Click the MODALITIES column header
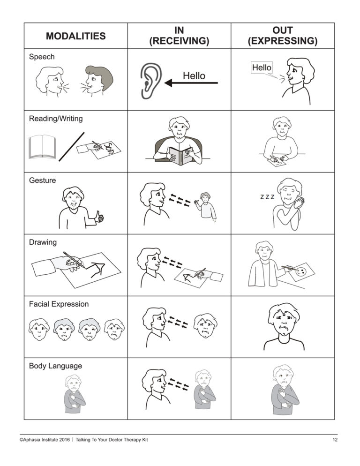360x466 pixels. pos(75,36)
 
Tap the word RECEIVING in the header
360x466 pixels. pos(179,41)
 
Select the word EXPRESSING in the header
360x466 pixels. pos(282,41)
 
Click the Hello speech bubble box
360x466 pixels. pos(262,68)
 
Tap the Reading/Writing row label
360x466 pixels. pos(56,119)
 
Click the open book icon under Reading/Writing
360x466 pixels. pos(42,147)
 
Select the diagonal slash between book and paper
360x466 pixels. pos(71,146)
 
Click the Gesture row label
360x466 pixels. pos(42,180)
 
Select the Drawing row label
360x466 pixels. pos(43,242)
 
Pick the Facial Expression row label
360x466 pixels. pos(59,304)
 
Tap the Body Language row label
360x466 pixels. pos(55,366)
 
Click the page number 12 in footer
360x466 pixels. pos(334,440)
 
